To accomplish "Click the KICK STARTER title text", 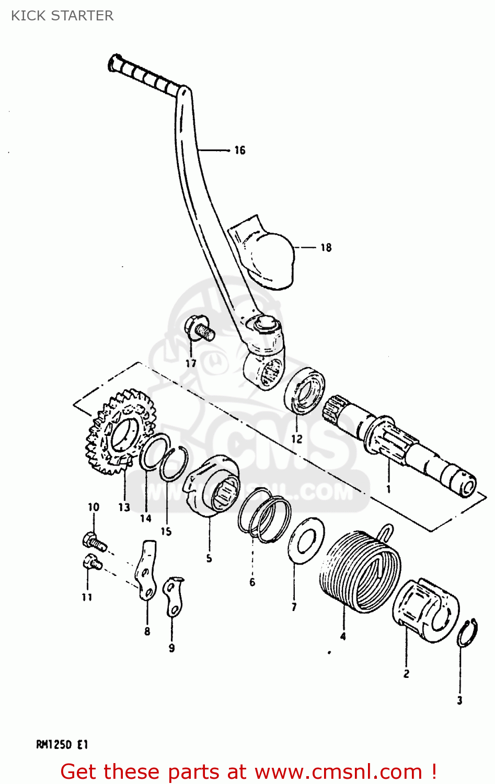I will [x=62, y=16].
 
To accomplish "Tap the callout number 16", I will [x=239, y=151].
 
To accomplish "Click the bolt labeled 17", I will [x=199, y=330].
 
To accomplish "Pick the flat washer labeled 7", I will [x=306, y=540].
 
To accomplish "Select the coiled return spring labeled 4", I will [x=361, y=570].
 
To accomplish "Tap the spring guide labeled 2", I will [x=424, y=609].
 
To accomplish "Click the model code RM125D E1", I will [x=62, y=744].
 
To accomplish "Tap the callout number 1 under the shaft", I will [x=388, y=489].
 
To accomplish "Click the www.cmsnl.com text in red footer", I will [x=339, y=771].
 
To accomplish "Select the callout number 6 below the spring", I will [x=252, y=582].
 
